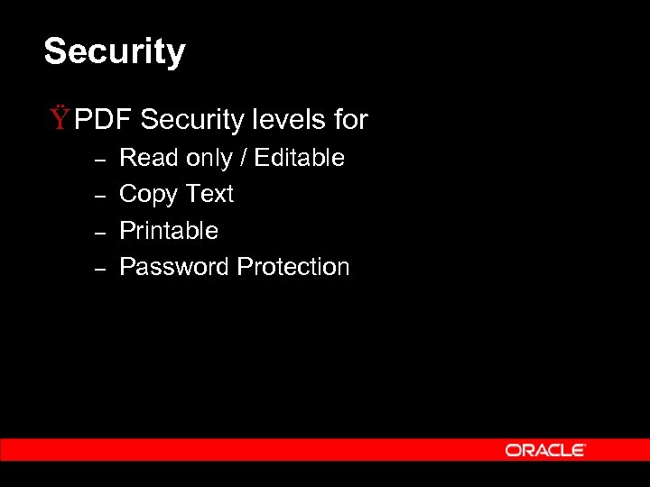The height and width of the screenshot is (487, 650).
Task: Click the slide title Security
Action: point(115,52)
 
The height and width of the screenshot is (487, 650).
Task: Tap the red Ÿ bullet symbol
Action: point(60,117)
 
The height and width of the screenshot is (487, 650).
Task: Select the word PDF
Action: point(104,119)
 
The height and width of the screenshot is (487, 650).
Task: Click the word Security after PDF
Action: point(192,119)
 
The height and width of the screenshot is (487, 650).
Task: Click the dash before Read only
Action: point(101,159)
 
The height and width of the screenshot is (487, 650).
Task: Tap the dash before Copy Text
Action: point(101,195)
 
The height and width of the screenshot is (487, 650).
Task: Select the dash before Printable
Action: point(101,232)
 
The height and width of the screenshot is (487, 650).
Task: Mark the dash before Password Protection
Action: point(101,268)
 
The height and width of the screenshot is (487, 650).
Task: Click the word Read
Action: point(149,158)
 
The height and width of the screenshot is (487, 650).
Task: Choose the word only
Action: point(209,159)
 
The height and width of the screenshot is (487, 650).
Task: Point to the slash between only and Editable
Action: point(243,159)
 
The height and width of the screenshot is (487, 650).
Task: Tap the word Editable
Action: point(300,158)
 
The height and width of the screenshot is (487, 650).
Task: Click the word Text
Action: point(209,194)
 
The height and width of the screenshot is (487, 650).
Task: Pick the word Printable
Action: point(169,231)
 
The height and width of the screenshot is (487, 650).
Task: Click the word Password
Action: point(174,267)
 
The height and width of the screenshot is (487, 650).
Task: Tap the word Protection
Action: point(293,267)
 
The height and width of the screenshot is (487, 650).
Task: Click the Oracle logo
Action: point(545,450)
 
